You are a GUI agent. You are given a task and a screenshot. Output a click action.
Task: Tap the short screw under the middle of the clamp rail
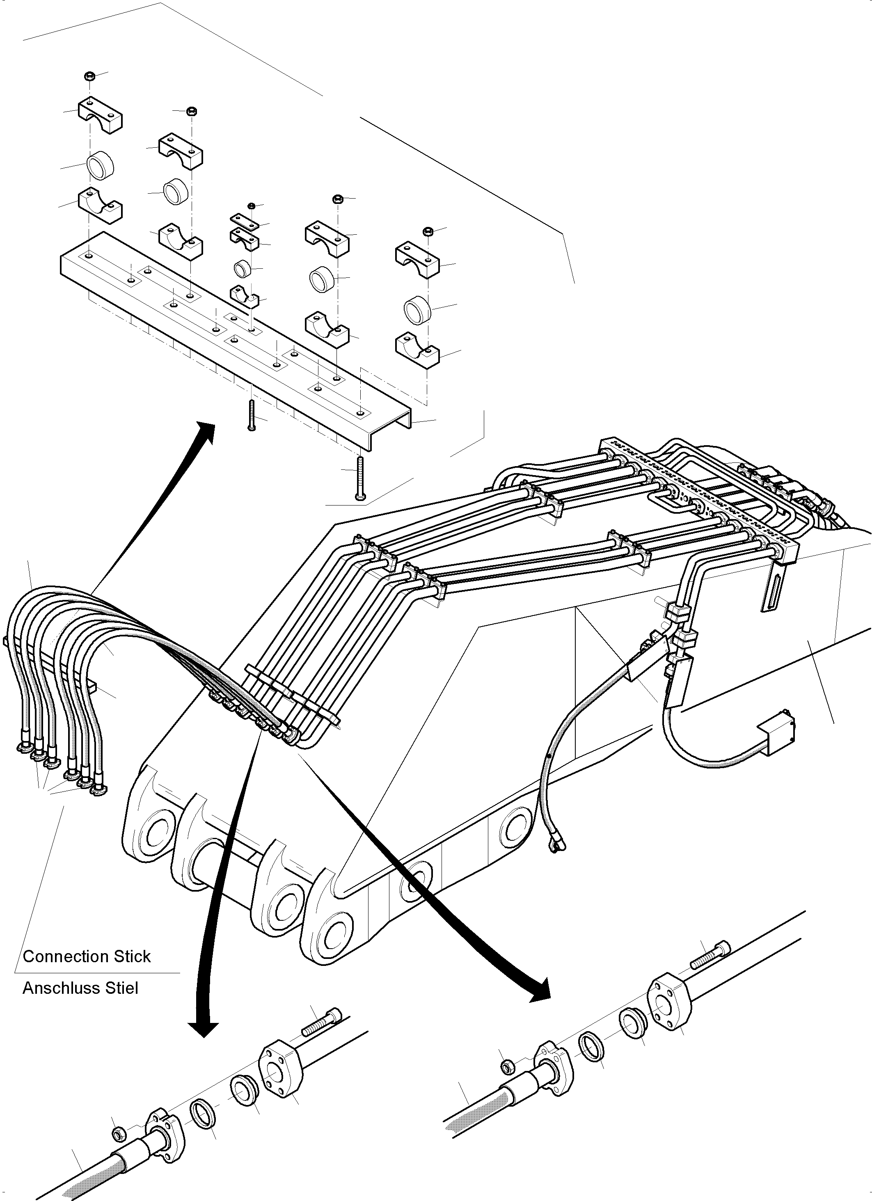point(252,416)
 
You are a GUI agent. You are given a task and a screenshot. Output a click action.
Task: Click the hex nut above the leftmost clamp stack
point(89,76)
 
